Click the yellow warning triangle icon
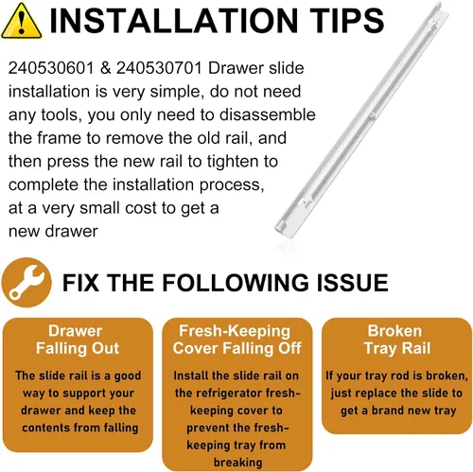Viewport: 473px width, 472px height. [21, 22]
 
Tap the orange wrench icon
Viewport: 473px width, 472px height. [26, 283]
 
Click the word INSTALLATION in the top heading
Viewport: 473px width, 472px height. [174, 21]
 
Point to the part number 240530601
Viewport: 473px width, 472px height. [51, 68]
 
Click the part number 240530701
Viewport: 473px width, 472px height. [159, 68]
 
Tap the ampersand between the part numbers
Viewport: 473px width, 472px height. [105, 68]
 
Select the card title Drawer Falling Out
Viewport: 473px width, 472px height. [78, 340]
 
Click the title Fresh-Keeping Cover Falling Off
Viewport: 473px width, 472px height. [236, 340]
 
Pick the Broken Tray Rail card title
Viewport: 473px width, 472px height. [397, 340]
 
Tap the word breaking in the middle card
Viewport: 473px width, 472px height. [238, 463]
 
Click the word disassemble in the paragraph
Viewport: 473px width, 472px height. [268, 114]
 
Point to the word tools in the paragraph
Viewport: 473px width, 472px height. [59, 114]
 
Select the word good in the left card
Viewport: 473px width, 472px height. [128, 376]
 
